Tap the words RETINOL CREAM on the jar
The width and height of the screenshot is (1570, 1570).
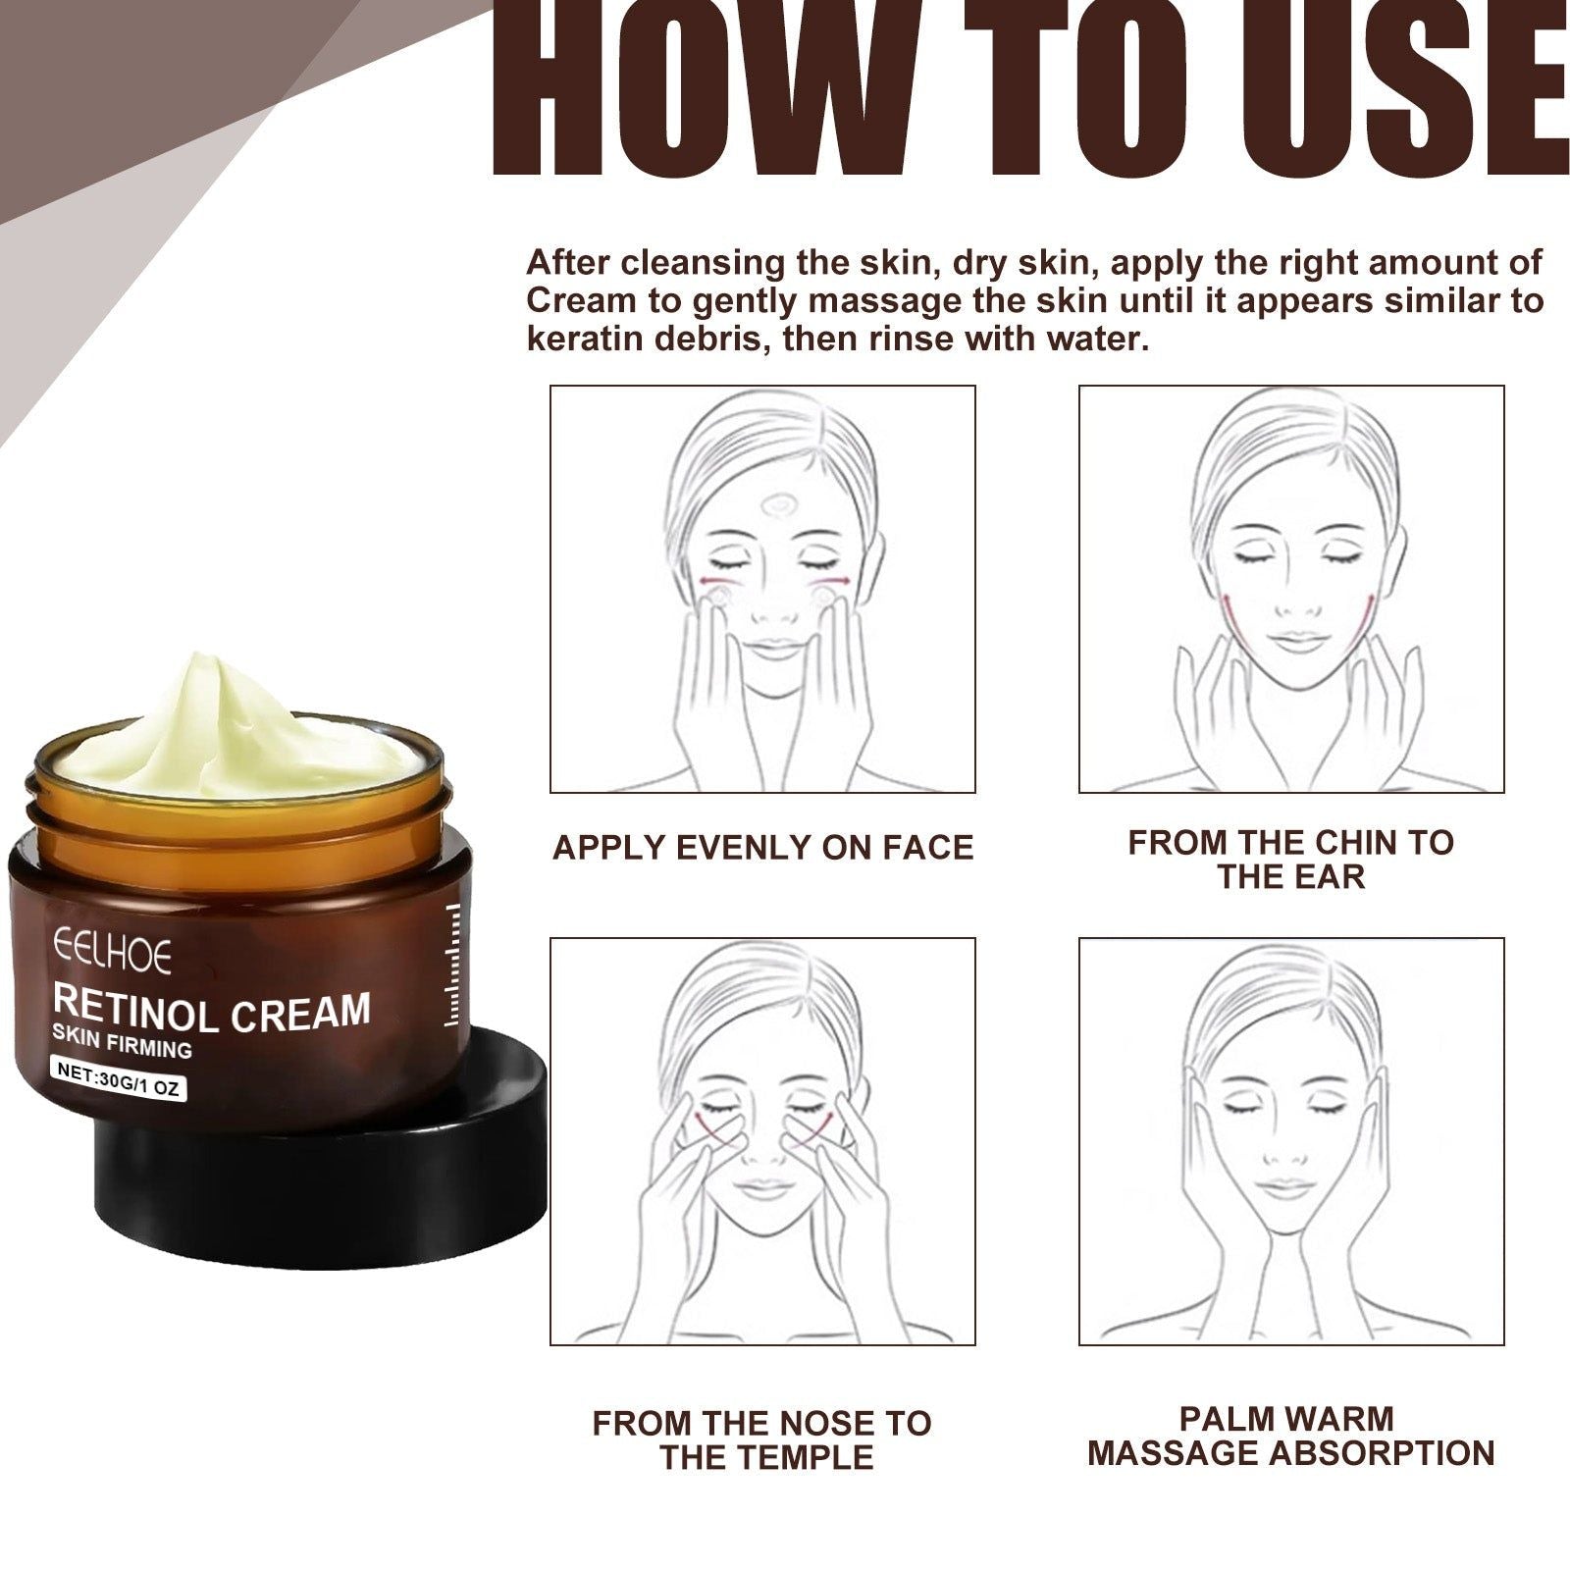tap(211, 1012)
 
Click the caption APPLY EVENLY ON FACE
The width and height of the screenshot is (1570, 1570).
tap(762, 848)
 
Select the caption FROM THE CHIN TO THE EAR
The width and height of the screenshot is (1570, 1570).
tap(1290, 860)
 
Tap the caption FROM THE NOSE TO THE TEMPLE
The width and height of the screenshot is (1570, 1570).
tap(762, 1439)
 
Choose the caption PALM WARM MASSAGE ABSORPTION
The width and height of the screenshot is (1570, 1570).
tap(1290, 1436)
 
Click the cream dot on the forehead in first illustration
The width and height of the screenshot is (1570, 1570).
tap(780, 506)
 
